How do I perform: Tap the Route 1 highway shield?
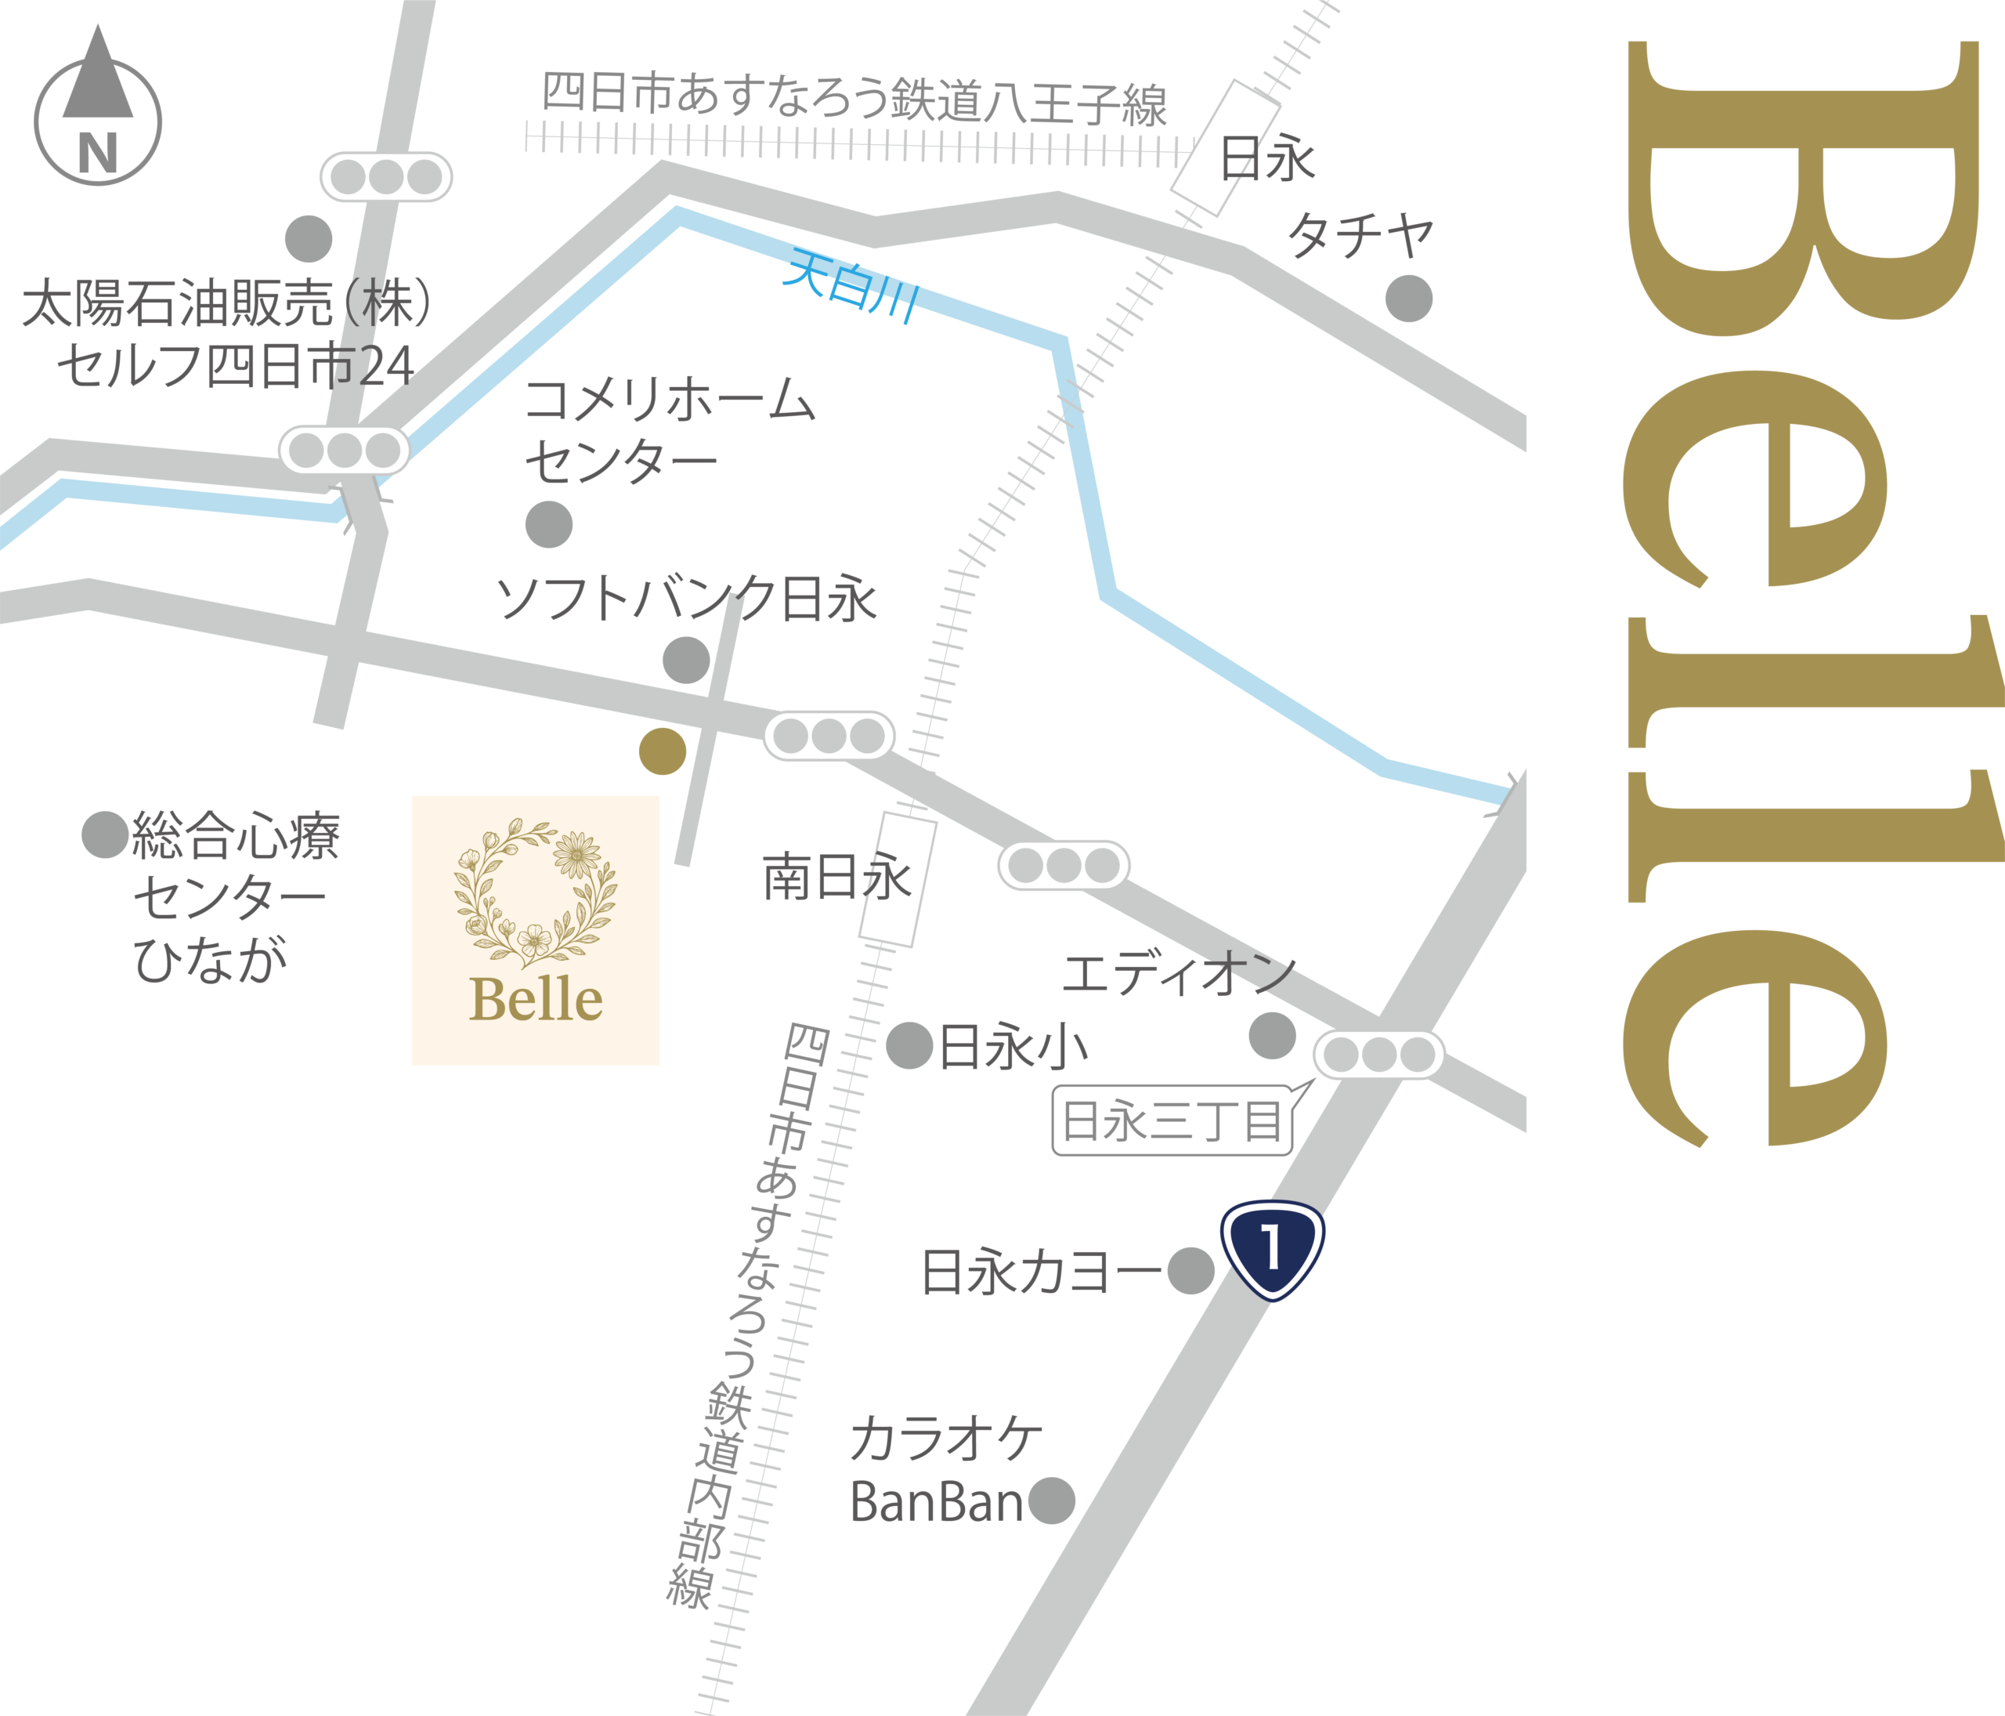coord(1271,1248)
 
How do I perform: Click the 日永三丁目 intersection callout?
coord(1172,1120)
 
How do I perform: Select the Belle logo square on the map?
coord(535,930)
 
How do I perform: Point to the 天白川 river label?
coord(851,284)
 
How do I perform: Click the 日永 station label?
coord(1268,159)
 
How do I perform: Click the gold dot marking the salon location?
coord(663,751)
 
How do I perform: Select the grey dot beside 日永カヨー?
coord(1190,1271)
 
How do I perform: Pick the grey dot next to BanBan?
coord(1051,1501)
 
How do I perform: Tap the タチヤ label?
coord(1360,234)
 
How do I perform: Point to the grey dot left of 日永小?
coord(909,1046)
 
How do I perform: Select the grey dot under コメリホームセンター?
coord(549,524)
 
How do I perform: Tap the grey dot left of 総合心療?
coord(104,834)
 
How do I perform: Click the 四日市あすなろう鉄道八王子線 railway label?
coord(854,99)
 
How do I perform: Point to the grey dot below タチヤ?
coord(1409,298)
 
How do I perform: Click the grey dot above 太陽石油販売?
coord(309,239)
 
